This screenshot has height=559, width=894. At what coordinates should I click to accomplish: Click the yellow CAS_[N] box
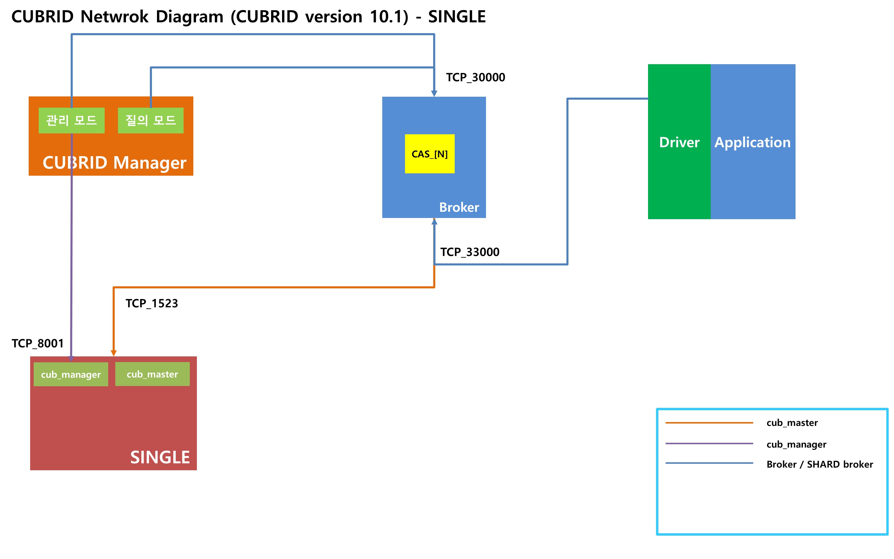pyautogui.click(x=429, y=154)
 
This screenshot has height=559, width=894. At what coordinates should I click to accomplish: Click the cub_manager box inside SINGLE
pyautogui.click(x=71, y=374)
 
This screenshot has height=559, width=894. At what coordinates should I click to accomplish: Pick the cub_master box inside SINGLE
pyautogui.click(x=152, y=374)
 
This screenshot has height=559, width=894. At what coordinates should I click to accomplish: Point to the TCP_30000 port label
pyautogui.click(x=475, y=77)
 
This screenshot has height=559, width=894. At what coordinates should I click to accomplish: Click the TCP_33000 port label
pyautogui.click(x=469, y=252)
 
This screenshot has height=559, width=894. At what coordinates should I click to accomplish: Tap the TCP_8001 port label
pyautogui.click(x=38, y=343)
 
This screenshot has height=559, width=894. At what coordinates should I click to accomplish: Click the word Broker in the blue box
pyautogui.click(x=459, y=207)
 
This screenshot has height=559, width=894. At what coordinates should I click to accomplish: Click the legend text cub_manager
pyautogui.click(x=796, y=444)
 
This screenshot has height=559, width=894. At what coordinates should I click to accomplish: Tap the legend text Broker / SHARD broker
pyautogui.click(x=819, y=464)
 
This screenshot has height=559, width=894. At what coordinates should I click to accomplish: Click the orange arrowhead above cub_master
pyautogui.click(x=114, y=353)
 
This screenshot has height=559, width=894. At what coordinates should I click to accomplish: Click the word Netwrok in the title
pyautogui.click(x=114, y=17)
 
